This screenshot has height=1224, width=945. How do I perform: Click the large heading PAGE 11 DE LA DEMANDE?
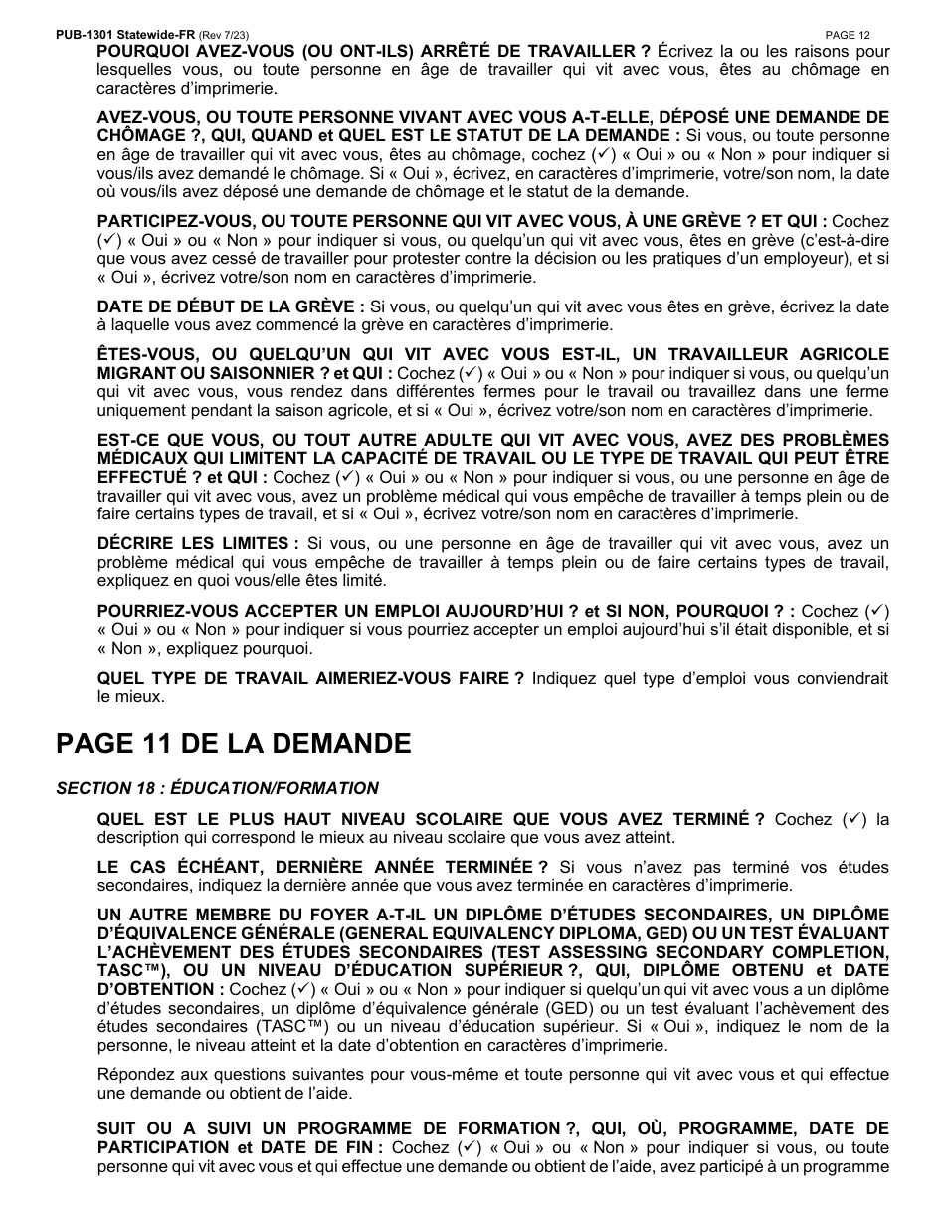click(x=234, y=743)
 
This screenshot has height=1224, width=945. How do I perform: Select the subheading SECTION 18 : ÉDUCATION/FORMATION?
click(x=217, y=788)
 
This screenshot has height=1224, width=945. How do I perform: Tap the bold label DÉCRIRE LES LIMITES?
click(x=198, y=543)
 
